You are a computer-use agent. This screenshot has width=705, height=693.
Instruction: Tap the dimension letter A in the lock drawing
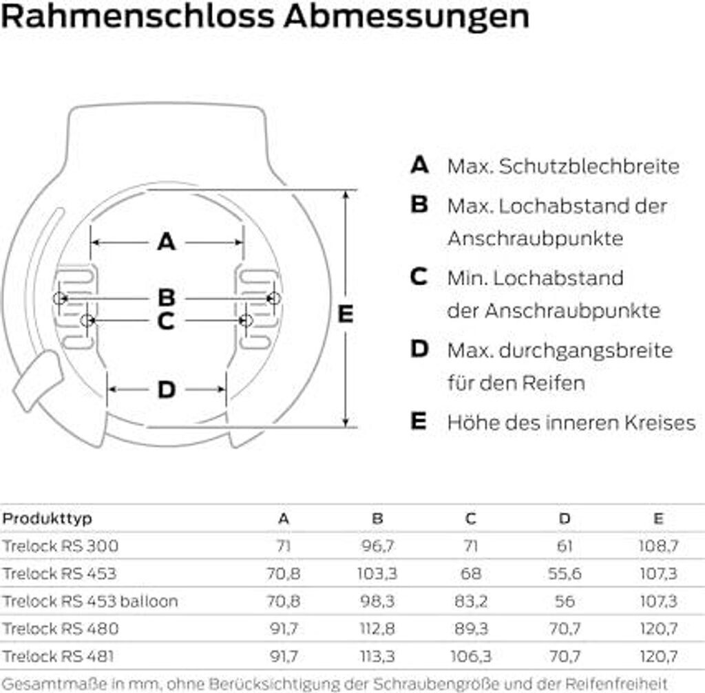(167, 242)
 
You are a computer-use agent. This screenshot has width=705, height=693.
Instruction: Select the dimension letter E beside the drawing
(346, 314)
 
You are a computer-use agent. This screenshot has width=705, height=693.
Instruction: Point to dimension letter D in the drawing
(167, 390)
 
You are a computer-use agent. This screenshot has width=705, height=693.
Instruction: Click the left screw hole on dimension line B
(60, 298)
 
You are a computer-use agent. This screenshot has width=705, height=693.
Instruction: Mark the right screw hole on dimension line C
(247, 320)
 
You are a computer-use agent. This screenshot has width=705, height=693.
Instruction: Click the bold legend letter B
(419, 205)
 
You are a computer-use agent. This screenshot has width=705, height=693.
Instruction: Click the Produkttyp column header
(47, 518)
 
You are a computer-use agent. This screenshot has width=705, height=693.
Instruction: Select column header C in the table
(470, 518)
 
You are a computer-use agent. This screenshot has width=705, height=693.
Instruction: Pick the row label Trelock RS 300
(61, 546)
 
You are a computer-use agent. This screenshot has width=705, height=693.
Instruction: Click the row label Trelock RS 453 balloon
(90, 601)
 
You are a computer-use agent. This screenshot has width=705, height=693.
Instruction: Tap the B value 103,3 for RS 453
(377, 573)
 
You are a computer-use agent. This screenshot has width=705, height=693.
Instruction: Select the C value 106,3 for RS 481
(470, 656)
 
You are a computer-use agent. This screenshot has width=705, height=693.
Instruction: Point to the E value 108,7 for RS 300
(658, 546)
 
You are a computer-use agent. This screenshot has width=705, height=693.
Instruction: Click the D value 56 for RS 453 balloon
(565, 601)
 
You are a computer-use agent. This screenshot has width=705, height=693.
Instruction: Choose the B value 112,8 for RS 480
(377, 628)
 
